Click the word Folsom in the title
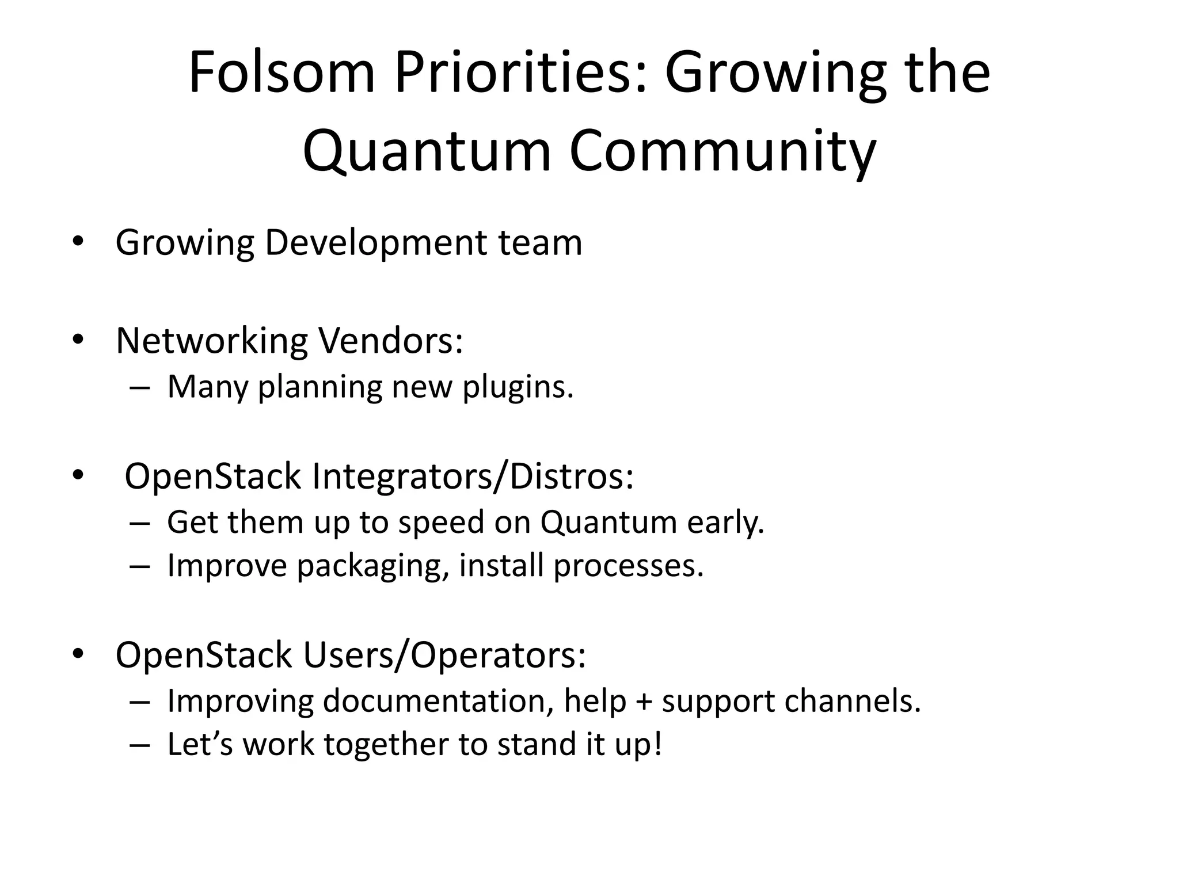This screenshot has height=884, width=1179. coord(282,73)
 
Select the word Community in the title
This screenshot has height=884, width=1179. coord(722,151)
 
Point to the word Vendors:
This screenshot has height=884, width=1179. coord(391,341)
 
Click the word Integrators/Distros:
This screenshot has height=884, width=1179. coord(473,477)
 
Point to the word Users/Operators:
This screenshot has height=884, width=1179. coord(444,655)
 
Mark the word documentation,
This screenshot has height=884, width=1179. coord(438,701)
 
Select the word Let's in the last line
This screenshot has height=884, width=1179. coord(200,744)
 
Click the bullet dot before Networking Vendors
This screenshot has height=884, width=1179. coord(78,340)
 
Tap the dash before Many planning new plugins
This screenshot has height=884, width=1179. coord(140,388)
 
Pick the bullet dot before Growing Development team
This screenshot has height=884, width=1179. coord(78,242)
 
